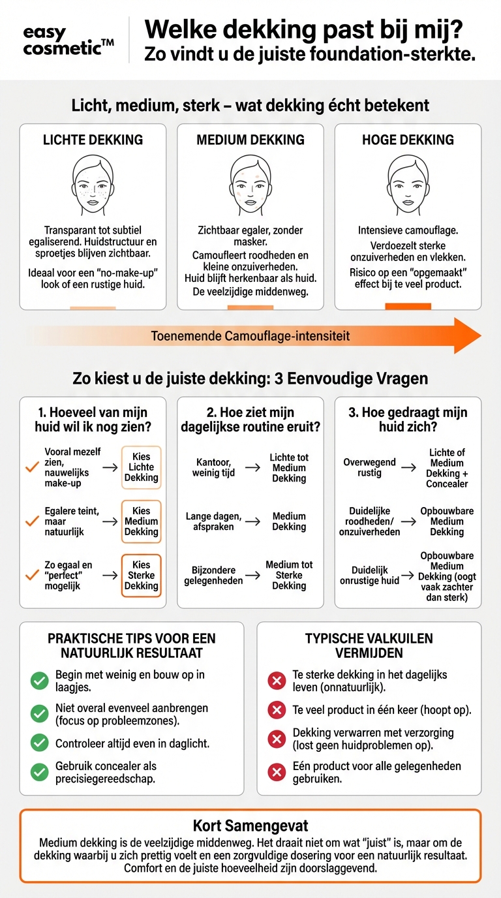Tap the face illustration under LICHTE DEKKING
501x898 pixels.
[x=93, y=185]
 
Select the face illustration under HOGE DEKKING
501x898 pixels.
[x=408, y=185]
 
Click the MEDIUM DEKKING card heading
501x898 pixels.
[x=250, y=140]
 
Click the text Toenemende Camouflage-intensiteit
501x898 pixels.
[x=250, y=336]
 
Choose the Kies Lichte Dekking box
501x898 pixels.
[x=141, y=467]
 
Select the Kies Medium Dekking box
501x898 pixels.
[x=141, y=521]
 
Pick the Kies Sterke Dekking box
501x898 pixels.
[x=141, y=576]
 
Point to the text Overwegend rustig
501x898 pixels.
[x=369, y=467]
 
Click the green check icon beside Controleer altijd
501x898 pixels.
[x=40, y=743]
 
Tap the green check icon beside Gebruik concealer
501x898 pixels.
[x=40, y=773]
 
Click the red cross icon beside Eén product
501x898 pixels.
[x=277, y=773]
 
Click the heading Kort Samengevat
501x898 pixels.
[x=250, y=826]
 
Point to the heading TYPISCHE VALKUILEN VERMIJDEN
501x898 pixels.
[x=369, y=645]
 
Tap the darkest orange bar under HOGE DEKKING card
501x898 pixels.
[x=408, y=306]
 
